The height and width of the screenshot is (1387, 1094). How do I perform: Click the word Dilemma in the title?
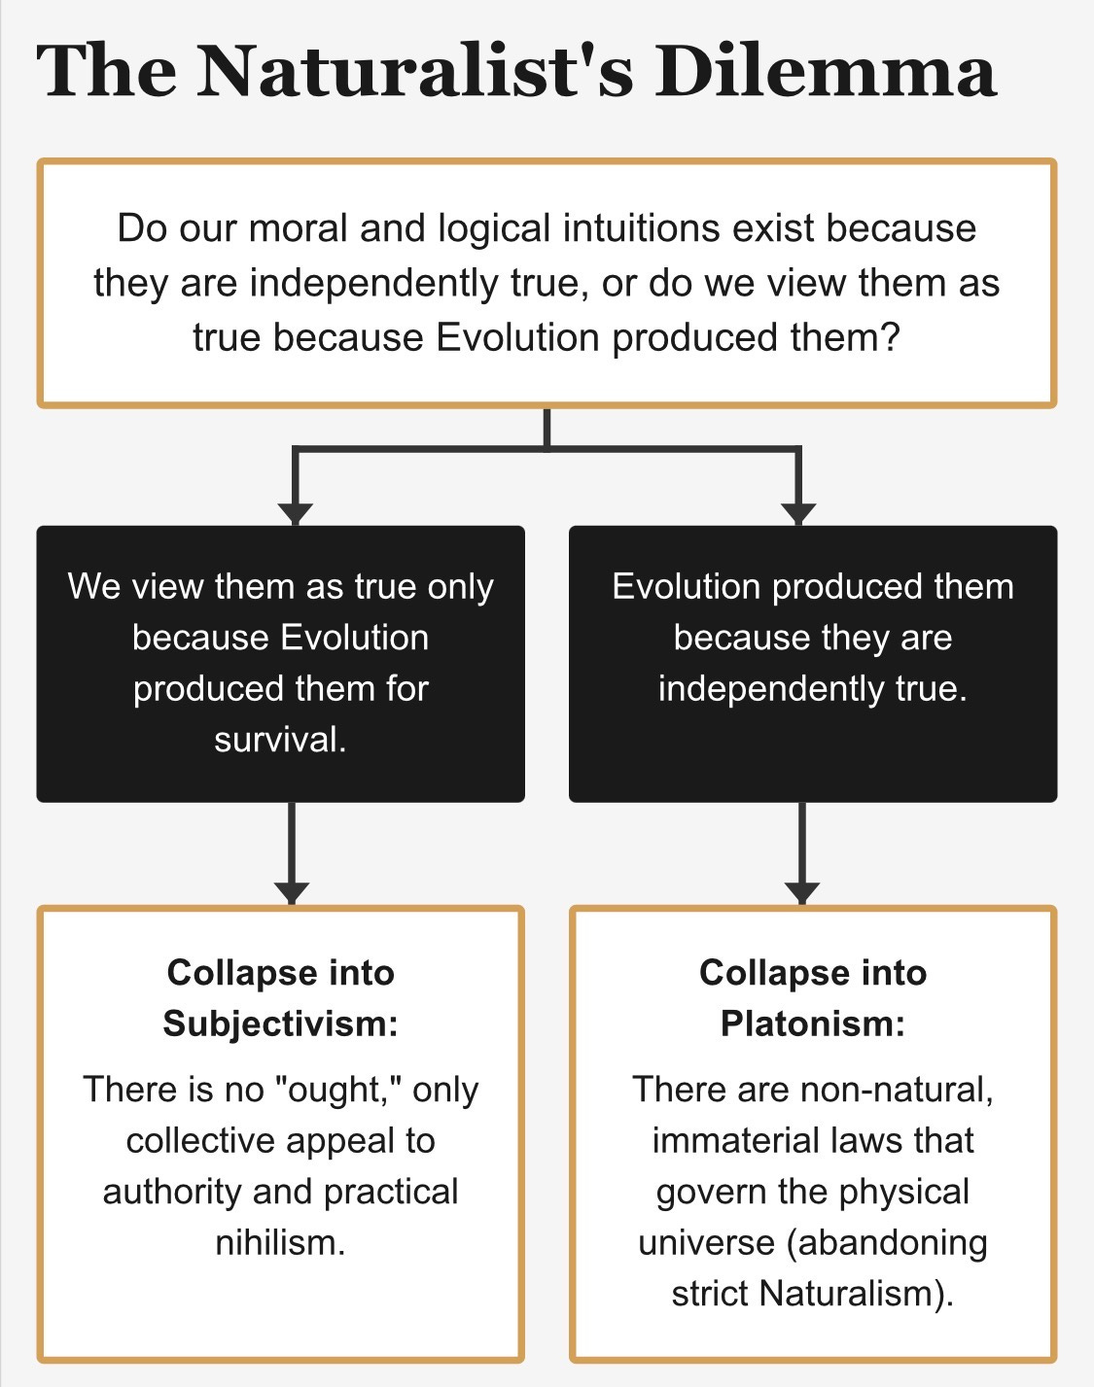point(826,70)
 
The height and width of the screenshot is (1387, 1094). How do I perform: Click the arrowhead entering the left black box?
point(295,512)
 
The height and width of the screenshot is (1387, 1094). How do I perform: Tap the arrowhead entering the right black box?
point(798,512)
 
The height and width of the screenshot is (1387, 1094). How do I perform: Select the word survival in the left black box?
point(278,740)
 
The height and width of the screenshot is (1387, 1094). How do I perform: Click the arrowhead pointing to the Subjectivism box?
point(292,891)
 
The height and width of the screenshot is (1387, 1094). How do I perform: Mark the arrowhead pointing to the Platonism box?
point(802,891)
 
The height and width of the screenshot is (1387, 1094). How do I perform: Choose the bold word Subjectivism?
point(278,1023)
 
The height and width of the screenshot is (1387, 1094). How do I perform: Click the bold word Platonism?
point(811,1023)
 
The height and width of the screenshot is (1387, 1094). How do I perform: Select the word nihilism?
point(279,1243)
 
